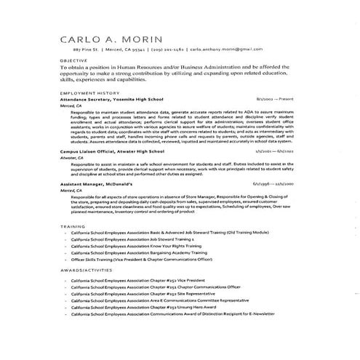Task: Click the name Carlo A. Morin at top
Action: (110, 39)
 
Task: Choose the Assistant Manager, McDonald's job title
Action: (101, 185)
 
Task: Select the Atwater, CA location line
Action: (72, 157)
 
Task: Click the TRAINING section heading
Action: (72, 227)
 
